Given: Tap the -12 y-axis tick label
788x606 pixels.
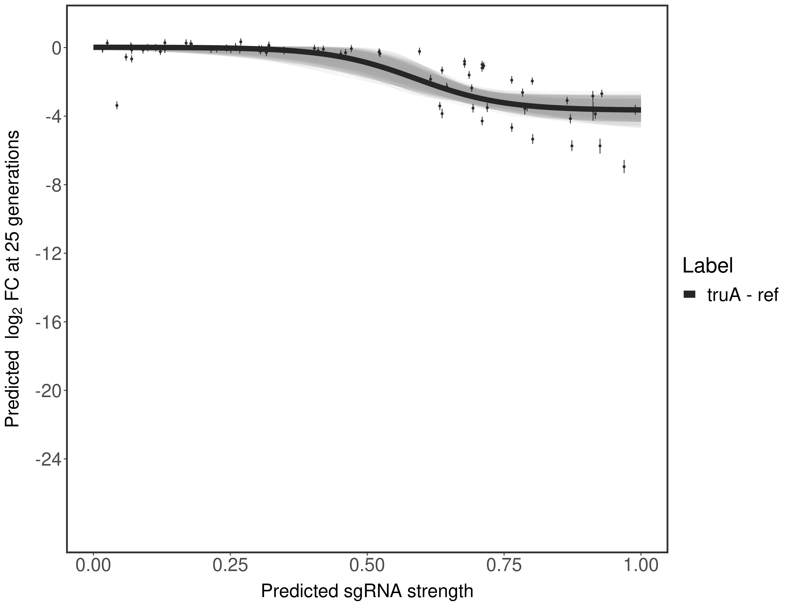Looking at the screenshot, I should tap(48, 254).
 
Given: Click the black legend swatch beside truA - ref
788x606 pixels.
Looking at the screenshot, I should tap(689, 295).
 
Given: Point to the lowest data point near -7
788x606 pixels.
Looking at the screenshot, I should tap(624, 167).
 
